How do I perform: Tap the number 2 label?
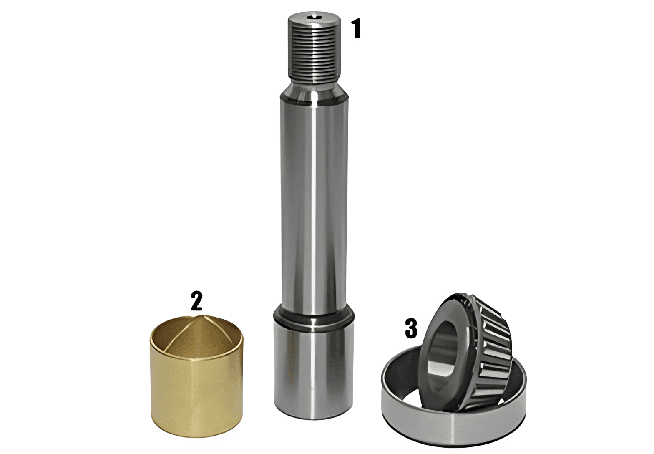pyautogui.click(x=196, y=300)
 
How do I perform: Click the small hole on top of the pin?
pyautogui.click(x=314, y=18)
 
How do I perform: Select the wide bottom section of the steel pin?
pyautogui.click(x=314, y=371)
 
